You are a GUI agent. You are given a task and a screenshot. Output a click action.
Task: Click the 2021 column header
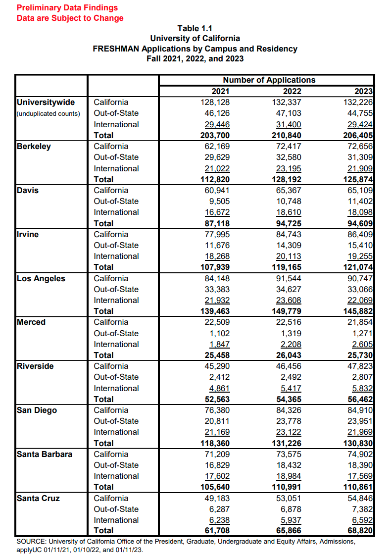(x=221, y=91)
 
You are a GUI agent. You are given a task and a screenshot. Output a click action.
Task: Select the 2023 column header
(x=364, y=91)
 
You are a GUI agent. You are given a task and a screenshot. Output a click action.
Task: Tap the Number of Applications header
(x=269, y=80)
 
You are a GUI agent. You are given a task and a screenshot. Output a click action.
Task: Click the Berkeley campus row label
(x=34, y=146)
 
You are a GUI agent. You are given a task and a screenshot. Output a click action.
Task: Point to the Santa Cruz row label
(x=38, y=498)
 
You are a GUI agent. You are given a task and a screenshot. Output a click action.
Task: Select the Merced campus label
(x=31, y=322)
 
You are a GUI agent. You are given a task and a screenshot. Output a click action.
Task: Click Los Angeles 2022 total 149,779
(x=287, y=311)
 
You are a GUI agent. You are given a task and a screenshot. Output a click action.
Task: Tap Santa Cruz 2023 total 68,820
(x=360, y=531)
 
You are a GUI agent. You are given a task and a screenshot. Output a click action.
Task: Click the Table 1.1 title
(x=195, y=28)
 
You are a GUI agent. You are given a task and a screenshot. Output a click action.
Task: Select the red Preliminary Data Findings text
(x=67, y=7)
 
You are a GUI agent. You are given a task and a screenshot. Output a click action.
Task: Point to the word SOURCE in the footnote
(x=31, y=542)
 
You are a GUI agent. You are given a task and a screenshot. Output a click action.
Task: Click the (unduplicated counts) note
(x=49, y=113)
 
